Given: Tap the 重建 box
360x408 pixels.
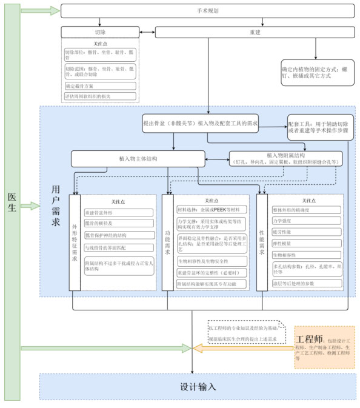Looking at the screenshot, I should coord(255,32).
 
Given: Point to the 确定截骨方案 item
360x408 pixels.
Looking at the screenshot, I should coord(99,86).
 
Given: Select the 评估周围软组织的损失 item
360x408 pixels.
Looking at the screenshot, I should coord(99,96).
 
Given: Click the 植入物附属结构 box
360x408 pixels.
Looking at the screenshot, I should coord(285,159).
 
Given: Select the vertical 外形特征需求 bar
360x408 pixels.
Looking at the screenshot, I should coord(75,246).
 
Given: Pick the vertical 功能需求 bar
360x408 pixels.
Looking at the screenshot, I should coord(168,246).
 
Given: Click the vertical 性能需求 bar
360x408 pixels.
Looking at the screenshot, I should coord(262,246).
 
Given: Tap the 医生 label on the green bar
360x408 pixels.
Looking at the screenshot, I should coord(12,203).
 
